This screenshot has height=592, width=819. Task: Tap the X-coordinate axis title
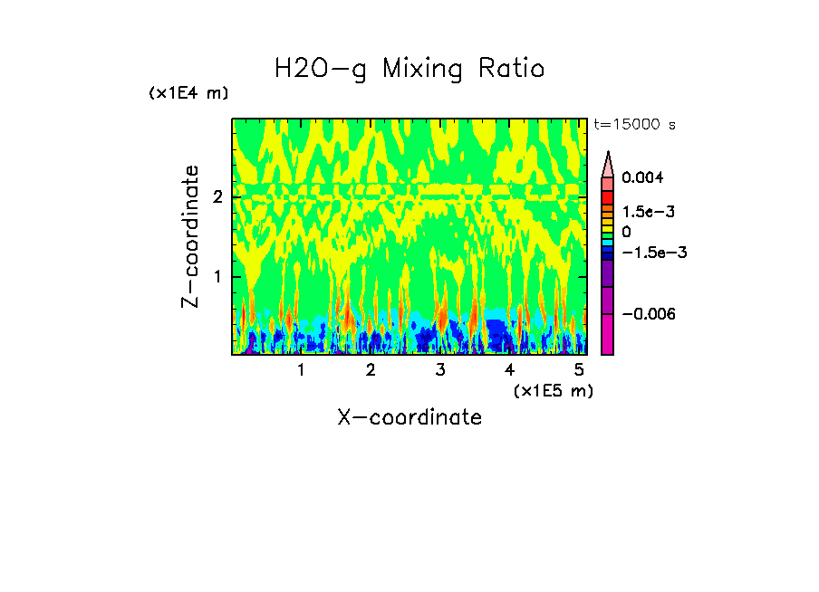point(409,417)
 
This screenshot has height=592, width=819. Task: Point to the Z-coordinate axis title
point(190,236)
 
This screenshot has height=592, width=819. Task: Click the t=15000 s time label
point(634,124)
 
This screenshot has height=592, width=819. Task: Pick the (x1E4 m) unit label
point(189,93)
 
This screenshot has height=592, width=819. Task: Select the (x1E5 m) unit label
point(554,390)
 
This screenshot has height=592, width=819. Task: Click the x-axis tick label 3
point(440,370)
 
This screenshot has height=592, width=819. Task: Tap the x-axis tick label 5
point(579,370)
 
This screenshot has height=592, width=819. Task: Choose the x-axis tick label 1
point(301,370)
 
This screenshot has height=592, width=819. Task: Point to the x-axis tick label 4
point(509,370)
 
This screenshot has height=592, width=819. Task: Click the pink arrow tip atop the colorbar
point(608,163)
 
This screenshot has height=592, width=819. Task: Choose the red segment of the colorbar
point(608,196)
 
